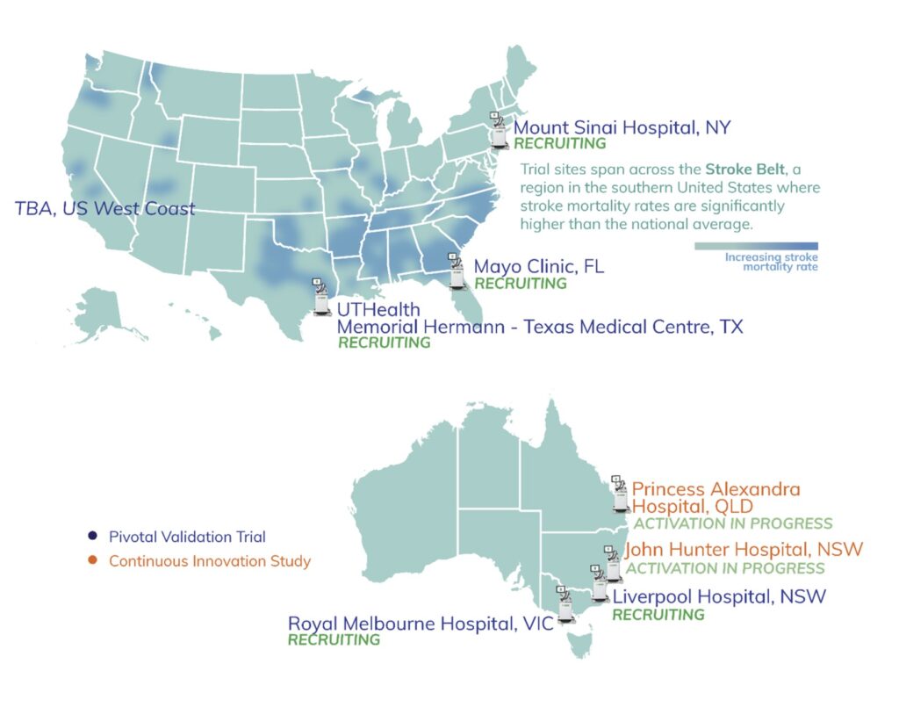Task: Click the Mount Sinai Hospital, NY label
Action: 622,127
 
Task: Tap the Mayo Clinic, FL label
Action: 539,266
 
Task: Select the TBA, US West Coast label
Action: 105,209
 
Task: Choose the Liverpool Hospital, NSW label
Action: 719,597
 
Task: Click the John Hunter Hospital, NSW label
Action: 743,550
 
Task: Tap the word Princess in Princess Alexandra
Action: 668,488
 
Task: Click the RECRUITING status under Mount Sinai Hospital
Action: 560,143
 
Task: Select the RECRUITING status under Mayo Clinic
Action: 521,284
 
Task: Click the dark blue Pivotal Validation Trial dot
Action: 92,537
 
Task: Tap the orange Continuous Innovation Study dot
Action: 92,560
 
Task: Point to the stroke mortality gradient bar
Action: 756,247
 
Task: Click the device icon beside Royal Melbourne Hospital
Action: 565,604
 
